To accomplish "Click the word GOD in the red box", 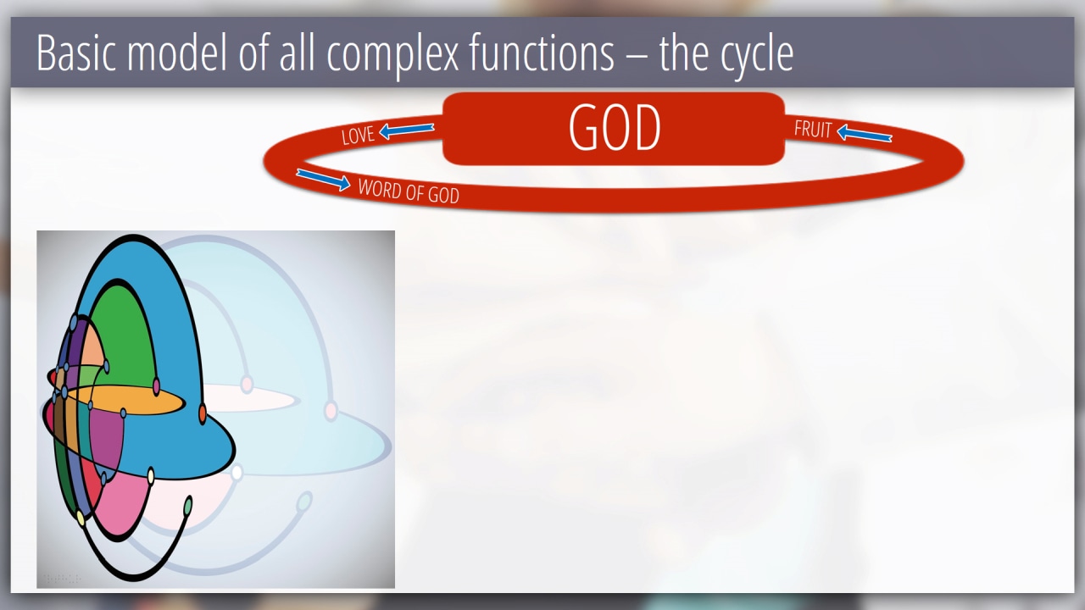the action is tap(615, 128).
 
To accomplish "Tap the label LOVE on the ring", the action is tap(358, 136).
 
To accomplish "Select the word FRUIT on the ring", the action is tap(813, 130).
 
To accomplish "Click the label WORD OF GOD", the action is tap(409, 191).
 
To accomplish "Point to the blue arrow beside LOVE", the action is tap(406, 130).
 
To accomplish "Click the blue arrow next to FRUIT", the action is tap(864, 133).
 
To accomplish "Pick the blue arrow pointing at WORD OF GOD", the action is tap(323, 180).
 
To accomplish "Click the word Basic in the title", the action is tap(76, 53).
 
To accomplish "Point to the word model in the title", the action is tap(177, 53).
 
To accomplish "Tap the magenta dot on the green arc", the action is tap(156, 386).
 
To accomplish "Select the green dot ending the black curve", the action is tap(188, 506).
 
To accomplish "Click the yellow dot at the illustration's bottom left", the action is tap(81, 518).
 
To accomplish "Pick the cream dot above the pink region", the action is tap(151, 476).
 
